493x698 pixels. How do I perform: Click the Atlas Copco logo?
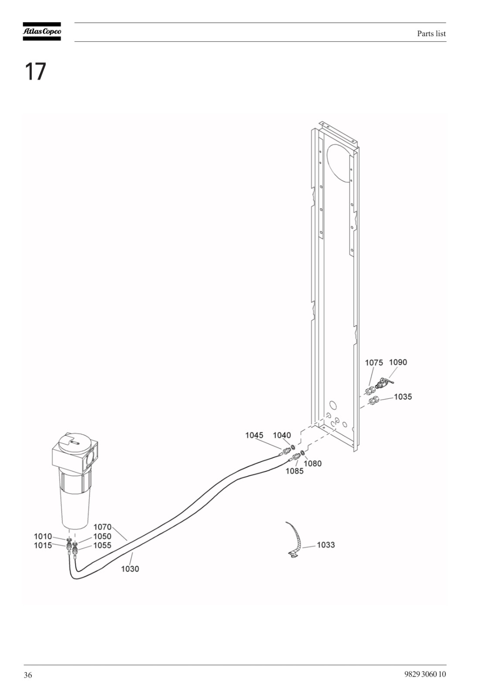tap(42, 31)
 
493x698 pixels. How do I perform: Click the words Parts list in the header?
tap(432, 34)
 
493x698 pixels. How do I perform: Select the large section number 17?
tap(35, 72)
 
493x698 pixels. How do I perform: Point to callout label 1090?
tap(398, 362)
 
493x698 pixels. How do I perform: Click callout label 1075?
tap(374, 363)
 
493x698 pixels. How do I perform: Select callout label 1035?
tap(403, 397)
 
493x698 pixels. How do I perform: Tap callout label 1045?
tap(254, 435)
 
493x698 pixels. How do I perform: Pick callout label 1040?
tap(282, 435)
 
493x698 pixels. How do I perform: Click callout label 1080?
tap(313, 464)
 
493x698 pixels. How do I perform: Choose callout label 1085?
tap(295, 471)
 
